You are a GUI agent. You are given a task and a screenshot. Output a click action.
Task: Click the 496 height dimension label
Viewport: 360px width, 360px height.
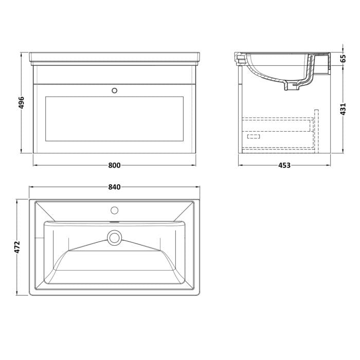coord(21,103)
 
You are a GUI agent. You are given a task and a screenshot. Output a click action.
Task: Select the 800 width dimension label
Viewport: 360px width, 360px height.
coord(114,165)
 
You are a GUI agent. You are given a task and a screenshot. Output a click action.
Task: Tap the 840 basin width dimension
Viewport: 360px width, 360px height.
coord(114,187)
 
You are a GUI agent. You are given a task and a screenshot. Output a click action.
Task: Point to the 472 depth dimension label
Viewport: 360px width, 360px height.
coord(17,247)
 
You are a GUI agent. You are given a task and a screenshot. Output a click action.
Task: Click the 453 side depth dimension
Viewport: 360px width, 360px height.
coord(284,165)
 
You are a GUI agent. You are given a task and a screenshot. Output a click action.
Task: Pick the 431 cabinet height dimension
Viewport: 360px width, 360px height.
coord(343,109)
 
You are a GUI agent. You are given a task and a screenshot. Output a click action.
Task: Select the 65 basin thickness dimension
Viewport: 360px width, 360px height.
coord(343,59)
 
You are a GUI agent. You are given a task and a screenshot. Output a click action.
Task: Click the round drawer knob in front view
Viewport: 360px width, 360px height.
coord(115,91)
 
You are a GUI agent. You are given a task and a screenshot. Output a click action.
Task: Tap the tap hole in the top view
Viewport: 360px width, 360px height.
coord(114,210)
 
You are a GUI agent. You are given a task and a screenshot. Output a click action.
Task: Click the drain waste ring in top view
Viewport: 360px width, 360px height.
coord(114,238)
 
